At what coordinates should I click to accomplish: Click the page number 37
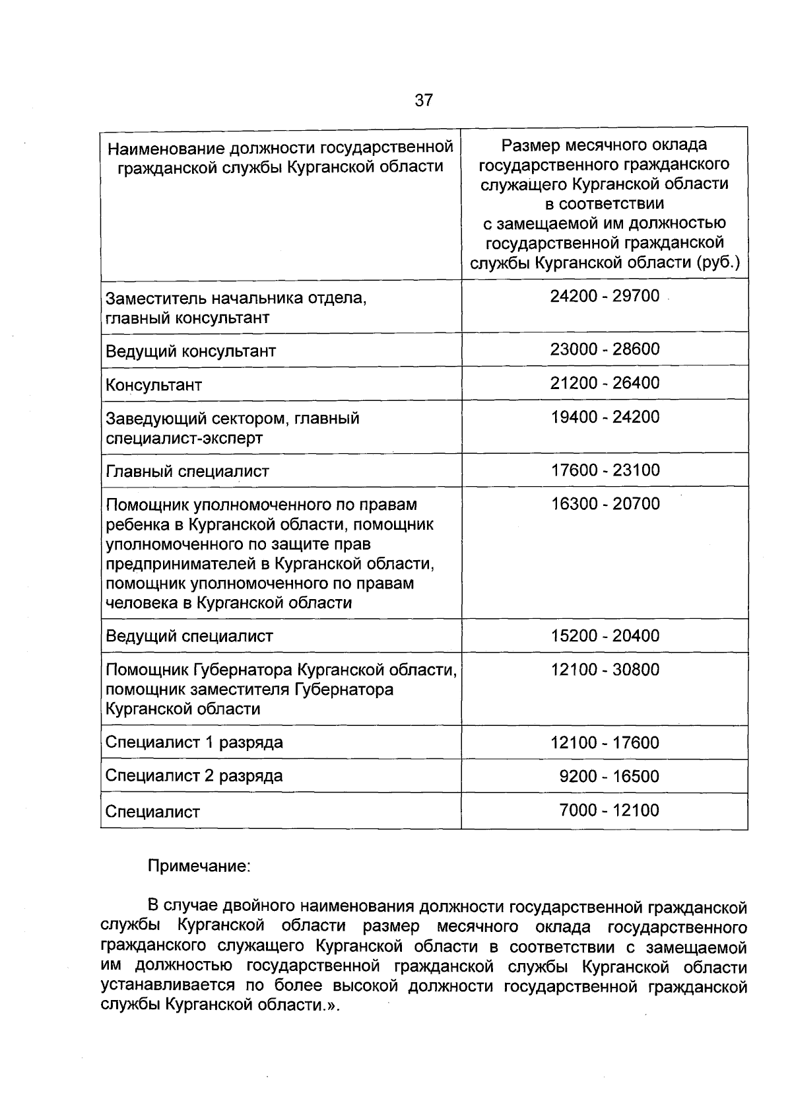[x=424, y=100]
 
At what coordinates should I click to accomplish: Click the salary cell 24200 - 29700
[x=605, y=296]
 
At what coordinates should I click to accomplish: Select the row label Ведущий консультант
[x=191, y=351]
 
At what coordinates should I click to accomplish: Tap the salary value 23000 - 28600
[x=605, y=349]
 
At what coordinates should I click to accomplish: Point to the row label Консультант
[x=154, y=385]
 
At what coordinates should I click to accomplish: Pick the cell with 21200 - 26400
[x=605, y=383]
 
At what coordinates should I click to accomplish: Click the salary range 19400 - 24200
[x=605, y=417]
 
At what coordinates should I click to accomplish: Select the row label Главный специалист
[x=187, y=472]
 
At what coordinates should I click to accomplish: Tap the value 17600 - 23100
[x=605, y=470]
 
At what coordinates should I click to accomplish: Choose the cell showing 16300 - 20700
[x=605, y=504]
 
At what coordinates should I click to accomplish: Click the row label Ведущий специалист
[x=189, y=637]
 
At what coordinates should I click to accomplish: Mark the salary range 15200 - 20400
[x=605, y=636]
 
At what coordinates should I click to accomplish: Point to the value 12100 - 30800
[x=605, y=670]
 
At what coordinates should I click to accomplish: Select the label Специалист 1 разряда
[x=194, y=742]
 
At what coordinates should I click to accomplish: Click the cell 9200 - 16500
[x=609, y=776]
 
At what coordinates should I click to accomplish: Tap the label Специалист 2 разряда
[x=194, y=776]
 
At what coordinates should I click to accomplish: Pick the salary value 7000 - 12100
[x=609, y=810]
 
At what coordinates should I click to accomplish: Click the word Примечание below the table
[x=199, y=866]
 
